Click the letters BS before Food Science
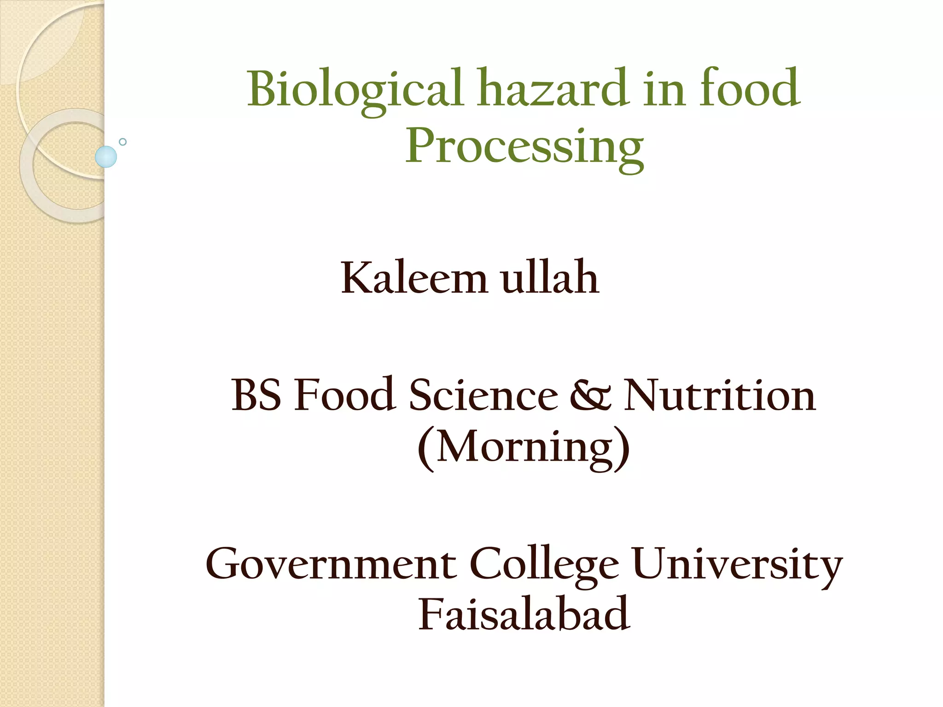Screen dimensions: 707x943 point(256,395)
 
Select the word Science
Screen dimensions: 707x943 point(483,395)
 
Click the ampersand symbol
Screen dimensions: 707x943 point(591,395)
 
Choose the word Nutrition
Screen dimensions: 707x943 point(719,395)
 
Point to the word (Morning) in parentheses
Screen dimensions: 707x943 point(524,447)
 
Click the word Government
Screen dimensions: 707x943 point(331,564)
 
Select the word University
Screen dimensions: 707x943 point(737,564)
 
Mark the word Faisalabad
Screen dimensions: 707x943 point(524,614)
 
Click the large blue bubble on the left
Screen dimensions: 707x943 point(106,156)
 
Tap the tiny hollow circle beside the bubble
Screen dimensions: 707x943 point(122,142)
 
